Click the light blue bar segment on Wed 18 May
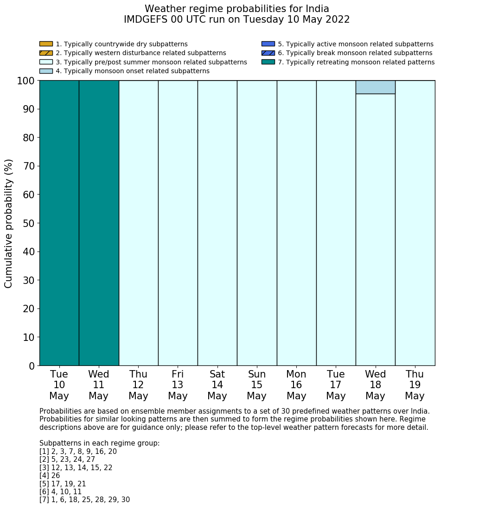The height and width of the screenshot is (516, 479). (375, 87)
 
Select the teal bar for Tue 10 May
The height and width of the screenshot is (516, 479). (59, 223)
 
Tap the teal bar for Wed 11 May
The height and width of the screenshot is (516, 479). (99, 223)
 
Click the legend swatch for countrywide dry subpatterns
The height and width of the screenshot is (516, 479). (46, 44)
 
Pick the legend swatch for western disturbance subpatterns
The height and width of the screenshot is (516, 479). (46, 53)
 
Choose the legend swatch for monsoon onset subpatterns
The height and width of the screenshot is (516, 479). (46, 71)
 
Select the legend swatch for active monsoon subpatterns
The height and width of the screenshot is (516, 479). (268, 44)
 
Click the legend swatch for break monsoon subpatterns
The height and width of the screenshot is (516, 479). (268, 53)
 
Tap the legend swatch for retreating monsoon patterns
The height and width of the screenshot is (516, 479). (268, 62)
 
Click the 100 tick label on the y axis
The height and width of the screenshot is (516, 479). (26, 81)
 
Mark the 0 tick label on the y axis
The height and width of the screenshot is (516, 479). (32, 366)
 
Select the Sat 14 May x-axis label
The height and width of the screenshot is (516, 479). (217, 385)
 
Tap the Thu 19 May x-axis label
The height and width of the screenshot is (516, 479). (415, 385)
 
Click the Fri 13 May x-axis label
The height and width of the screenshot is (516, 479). (178, 385)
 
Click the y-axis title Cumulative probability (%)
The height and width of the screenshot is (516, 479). (9, 223)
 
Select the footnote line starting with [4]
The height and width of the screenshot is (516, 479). (50, 476)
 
